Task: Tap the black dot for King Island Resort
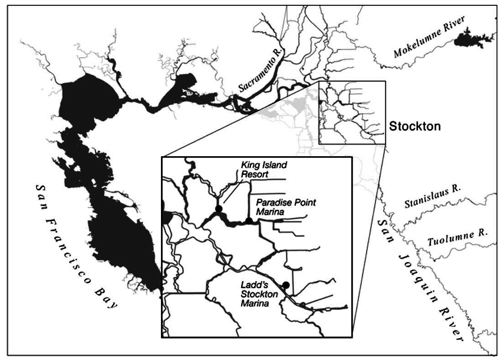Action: tap(219, 209)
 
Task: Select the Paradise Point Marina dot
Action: tap(249, 220)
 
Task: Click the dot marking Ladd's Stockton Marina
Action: tap(286, 285)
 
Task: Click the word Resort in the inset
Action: tap(254, 174)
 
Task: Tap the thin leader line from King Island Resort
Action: tap(230, 192)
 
